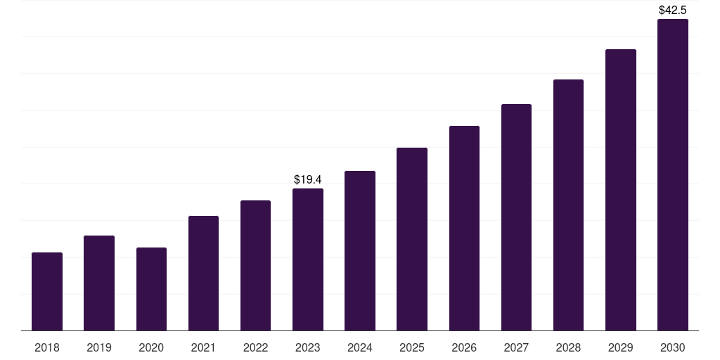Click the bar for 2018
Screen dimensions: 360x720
click(x=47, y=291)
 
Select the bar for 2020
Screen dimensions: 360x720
click(x=151, y=289)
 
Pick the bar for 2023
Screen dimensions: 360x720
click(x=308, y=259)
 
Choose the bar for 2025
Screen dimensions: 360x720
click(x=412, y=239)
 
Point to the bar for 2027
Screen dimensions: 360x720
click(x=516, y=217)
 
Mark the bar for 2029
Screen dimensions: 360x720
click(x=621, y=190)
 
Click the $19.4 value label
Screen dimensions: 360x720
click(x=308, y=180)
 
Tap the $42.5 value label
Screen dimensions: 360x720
click(x=673, y=11)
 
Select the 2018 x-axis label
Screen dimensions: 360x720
click(x=47, y=347)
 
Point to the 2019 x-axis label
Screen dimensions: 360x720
click(x=99, y=347)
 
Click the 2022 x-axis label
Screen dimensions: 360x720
click(x=255, y=347)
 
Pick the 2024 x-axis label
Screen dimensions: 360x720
click(x=360, y=347)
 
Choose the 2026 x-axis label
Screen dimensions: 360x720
click(x=464, y=347)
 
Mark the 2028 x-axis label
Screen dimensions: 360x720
click(x=568, y=347)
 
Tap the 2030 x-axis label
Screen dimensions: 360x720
click(x=673, y=347)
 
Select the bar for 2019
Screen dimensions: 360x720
click(x=99, y=283)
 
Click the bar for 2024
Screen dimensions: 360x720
click(x=360, y=250)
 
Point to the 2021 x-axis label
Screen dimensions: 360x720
click(x=203, y=347)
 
